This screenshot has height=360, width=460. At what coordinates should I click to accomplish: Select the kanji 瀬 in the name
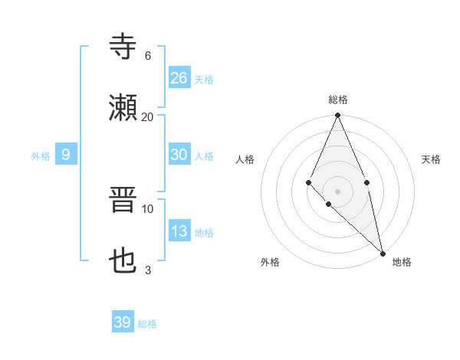(x=123, y=107)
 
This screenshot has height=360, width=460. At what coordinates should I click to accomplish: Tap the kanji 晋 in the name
(x=123, y=201)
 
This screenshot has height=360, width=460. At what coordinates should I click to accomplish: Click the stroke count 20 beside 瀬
(x=148, y=116)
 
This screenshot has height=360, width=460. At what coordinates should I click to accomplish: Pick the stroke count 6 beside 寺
(x=148, y=55)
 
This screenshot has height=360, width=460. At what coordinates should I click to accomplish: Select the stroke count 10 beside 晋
(x=148, y=208)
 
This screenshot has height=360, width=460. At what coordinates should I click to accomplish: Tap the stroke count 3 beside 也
(x=148, y=270)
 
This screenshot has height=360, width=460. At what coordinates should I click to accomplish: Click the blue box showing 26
(x=179, y=77)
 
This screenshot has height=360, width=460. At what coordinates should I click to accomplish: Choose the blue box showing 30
(x=179, y=154)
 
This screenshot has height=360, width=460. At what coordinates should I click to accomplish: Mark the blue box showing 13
(x=179, y=231)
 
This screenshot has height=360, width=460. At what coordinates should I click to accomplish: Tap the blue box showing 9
(x=66, y=155)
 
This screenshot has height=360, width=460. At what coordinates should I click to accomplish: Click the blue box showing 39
(x=123, y=322)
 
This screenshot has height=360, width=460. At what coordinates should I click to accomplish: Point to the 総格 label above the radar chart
(x=338, y=100)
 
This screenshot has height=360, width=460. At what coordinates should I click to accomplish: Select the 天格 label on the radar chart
(x=432, y=159)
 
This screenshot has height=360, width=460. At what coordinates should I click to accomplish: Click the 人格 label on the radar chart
(x=245, y=159)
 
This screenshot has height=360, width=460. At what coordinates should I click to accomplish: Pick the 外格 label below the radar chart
(x=270, y=262)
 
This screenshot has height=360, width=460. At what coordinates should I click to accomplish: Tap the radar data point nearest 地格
(x=383, y=253)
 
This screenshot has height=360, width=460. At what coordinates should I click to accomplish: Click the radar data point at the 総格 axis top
(x=337, y=115)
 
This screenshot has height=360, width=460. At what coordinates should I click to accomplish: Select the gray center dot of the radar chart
(x=337, y=191)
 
